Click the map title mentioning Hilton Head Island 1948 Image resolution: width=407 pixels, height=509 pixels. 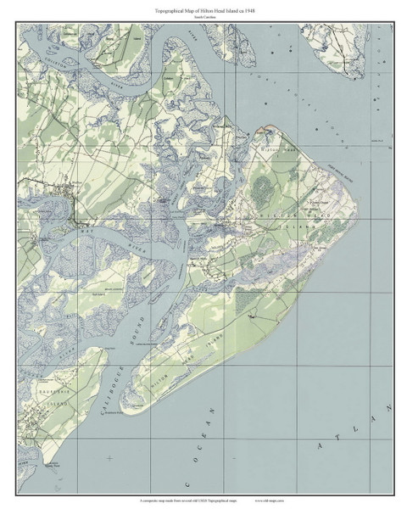click(x=203, y=8)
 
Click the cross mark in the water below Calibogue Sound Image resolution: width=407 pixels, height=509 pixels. click(x=110, y=459)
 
